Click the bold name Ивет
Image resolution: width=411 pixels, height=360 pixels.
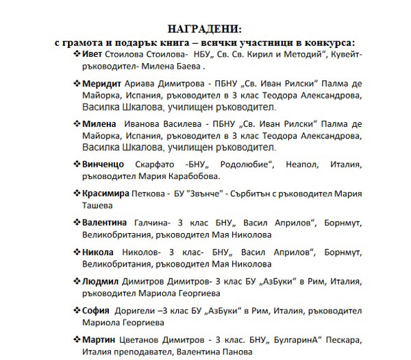pyautogui.click(x=92, y=54)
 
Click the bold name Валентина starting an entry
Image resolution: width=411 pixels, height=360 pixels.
pyautogui.click(x=105, y=223)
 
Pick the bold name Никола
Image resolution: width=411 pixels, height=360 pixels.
pyautogui.click(x=97, y=252)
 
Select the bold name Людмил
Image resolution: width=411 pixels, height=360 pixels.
pyautogui.click(x=100, y=281)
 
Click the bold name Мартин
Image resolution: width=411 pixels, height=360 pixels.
pyautogui.click(x=97, y=340)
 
